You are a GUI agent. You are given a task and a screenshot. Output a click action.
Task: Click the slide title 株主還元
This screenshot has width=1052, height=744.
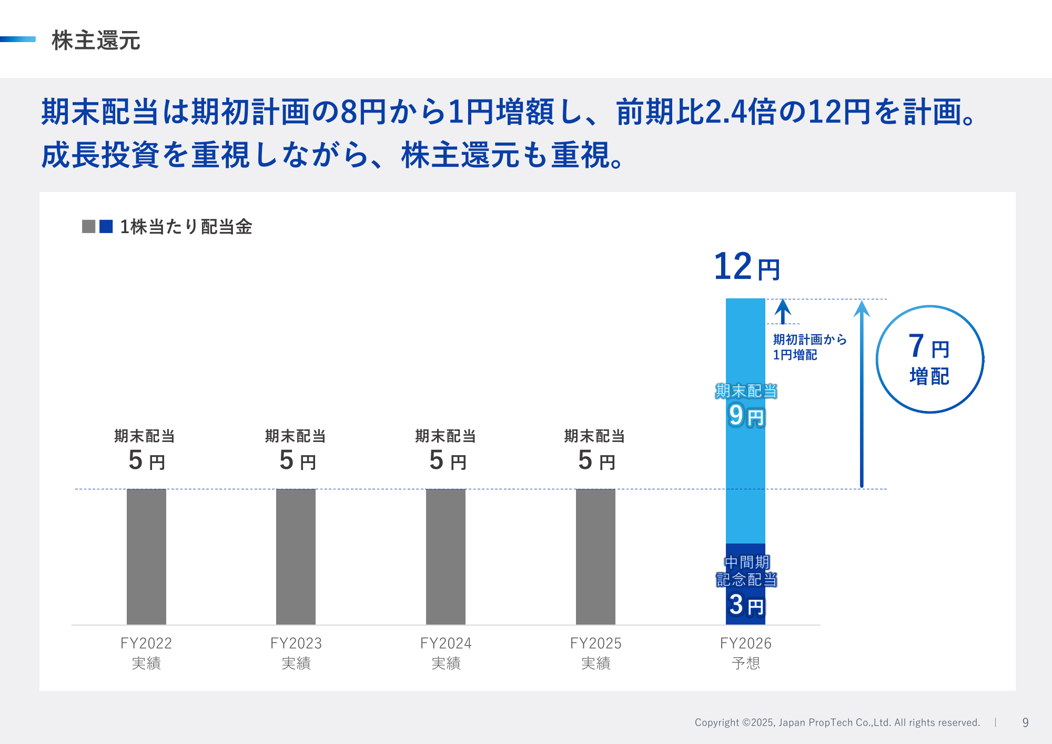click(96, 41)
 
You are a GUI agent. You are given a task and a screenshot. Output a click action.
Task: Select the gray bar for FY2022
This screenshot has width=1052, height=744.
click(146, 556)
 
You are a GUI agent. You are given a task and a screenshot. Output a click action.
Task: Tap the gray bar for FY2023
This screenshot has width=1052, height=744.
click(296, 556)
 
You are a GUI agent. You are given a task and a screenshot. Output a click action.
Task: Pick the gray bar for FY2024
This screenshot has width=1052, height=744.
click(446, 556)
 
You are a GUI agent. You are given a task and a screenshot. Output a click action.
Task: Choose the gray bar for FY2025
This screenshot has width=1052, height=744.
click(595, 556)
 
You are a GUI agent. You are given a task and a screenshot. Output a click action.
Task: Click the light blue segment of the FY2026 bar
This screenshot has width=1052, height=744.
click(745, 474)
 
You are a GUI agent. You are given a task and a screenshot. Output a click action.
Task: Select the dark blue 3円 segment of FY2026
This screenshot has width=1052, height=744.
click(745, 584)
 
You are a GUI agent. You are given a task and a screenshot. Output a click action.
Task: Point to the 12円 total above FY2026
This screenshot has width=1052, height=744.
click(746, 267)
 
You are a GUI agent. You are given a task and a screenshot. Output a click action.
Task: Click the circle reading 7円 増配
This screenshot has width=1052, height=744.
click(929, 359)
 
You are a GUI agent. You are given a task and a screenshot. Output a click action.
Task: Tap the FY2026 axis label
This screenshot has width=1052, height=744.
click(745, 652)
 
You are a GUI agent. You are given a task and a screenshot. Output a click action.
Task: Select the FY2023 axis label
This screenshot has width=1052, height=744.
click(296, 652)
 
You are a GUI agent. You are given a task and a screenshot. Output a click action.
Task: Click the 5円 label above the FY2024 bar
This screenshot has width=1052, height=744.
click(447, 460)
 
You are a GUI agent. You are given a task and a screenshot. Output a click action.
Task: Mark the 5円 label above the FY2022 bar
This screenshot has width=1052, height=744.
click(146, 460)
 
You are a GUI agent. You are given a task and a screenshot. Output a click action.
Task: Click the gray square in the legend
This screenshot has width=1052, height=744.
click(89, 226)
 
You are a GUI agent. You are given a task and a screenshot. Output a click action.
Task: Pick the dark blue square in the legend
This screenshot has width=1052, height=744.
click(106, 226)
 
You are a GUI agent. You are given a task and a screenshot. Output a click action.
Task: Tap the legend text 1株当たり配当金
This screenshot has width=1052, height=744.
click(186, 227)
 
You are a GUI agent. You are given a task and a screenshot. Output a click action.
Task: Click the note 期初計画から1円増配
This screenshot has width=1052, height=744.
click(809, 347)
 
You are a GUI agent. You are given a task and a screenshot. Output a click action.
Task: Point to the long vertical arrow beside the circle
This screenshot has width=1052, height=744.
click(862, 395)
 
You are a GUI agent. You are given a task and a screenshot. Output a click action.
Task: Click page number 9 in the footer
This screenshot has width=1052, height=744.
click(1025, 722)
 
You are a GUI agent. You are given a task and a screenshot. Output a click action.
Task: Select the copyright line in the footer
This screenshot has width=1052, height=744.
click(837, 722)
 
